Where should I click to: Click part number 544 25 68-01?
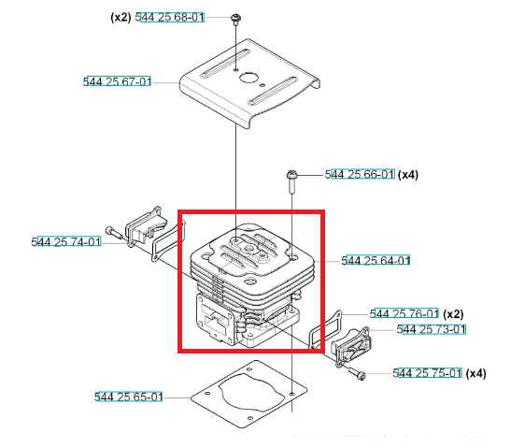(170, 17)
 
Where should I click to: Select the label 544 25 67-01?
(117, 81)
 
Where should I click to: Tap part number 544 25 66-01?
(360, 174)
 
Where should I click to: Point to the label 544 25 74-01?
(66, 242)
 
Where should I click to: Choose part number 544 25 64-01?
(376, 260)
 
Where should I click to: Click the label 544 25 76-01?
(405, 313)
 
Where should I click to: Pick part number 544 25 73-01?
(432, 329)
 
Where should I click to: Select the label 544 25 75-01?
(427, 373)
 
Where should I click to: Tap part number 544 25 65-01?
(128, 397)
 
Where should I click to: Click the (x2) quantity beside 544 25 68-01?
(121, 17)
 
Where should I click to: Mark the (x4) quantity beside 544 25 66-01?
(408, 175)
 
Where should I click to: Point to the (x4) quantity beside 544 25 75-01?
(476, 373)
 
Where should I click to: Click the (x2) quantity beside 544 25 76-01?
(453, 314)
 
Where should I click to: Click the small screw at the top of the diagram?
(235, 19)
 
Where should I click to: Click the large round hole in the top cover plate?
(248, 78)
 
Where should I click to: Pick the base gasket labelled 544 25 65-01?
(249, 394)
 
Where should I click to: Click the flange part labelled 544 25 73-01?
(351, 347)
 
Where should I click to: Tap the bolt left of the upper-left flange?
(113, 232)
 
